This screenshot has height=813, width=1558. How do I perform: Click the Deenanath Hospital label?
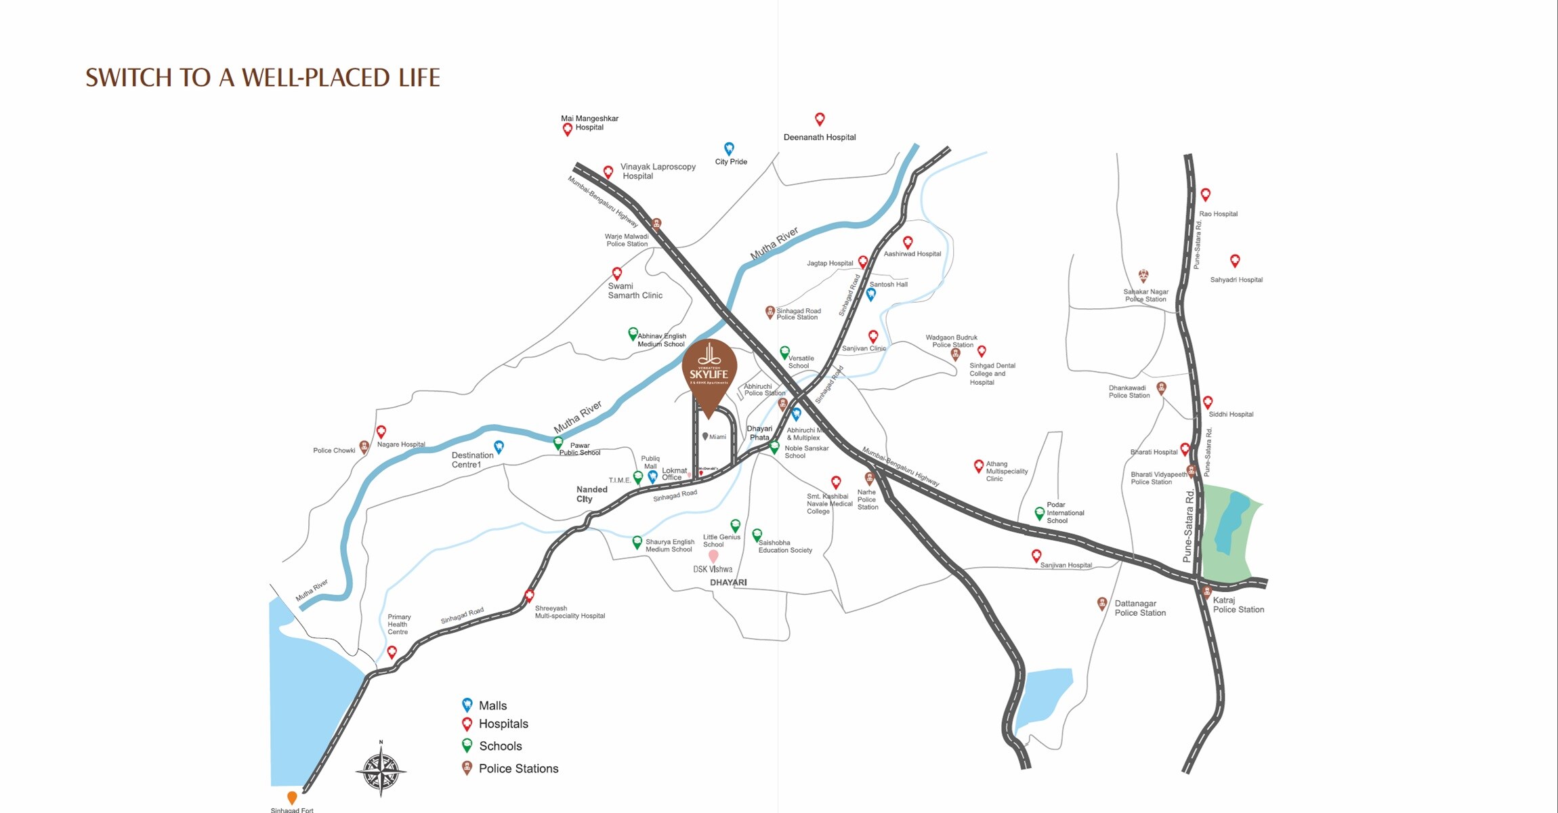click(x=820, y=137)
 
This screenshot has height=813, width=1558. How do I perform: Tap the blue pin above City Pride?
click(x=729, y=148)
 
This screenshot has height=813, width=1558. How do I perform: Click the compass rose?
click(x=381, y=770)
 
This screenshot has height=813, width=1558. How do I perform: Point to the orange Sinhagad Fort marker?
click(x=292, y=797)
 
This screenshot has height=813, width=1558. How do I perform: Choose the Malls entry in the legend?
click(x=492, y=705)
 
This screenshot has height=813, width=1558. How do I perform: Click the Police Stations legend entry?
click(x=518, y=768)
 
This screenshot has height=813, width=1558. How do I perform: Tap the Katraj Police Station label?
click(x=1238, y=605)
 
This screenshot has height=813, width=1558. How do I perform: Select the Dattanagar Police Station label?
click(x=1140, y=608)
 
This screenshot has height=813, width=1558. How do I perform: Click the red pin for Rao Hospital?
click(x=1205, y=194)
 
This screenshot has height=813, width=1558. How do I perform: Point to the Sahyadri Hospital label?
click(x=1236, y=279)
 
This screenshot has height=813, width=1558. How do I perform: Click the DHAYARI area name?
click(x=728, y=583)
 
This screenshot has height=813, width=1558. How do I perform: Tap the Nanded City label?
click(x=592, y=494)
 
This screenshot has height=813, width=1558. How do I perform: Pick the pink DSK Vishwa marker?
click(x=713, y=556)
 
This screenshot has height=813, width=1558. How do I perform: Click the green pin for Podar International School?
click(x=1039, y=514)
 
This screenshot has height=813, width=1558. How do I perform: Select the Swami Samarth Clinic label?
click(x=635, y=291)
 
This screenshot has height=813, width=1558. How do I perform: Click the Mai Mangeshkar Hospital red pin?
click(x=568, y=129)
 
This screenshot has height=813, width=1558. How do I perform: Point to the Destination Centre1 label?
click(x=472, y=460)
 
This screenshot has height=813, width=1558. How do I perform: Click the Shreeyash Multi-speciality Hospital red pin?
click(x=530, y=596)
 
